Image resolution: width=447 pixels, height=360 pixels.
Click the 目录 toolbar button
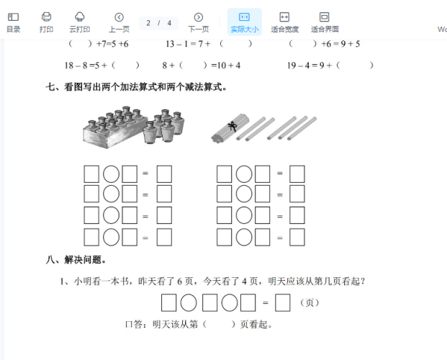coord(13,22)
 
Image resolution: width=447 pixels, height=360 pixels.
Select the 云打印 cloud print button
coord(79,22)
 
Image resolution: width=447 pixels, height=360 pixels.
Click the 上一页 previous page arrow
coord(119,17)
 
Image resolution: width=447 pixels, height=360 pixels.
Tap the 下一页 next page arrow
coord(199,17)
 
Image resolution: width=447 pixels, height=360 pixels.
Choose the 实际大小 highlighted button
coord(245,22)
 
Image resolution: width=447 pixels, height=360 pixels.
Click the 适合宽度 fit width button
coord(284,22)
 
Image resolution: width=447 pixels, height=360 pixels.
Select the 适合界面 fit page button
coord(325,22)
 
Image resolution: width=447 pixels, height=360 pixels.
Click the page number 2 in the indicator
coord(148,23)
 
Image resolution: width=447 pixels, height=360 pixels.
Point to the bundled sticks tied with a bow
coord(230,127)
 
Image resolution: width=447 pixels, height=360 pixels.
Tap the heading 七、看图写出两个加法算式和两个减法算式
coord(136,86)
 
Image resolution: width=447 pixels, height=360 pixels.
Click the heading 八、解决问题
coord(76,260)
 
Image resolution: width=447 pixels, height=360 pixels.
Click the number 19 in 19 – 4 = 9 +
coord(292,66)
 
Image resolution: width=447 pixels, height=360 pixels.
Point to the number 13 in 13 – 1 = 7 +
coord(170,44)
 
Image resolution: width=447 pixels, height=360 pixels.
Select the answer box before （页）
coord(282,302)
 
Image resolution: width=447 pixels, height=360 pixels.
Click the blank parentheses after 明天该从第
coord(219,324)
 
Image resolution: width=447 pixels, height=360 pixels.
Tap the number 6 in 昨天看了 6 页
coord(180,282)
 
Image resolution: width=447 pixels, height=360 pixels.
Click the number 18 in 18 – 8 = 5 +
coord(69,66)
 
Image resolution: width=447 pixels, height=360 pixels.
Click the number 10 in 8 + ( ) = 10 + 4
coord(222,66)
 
